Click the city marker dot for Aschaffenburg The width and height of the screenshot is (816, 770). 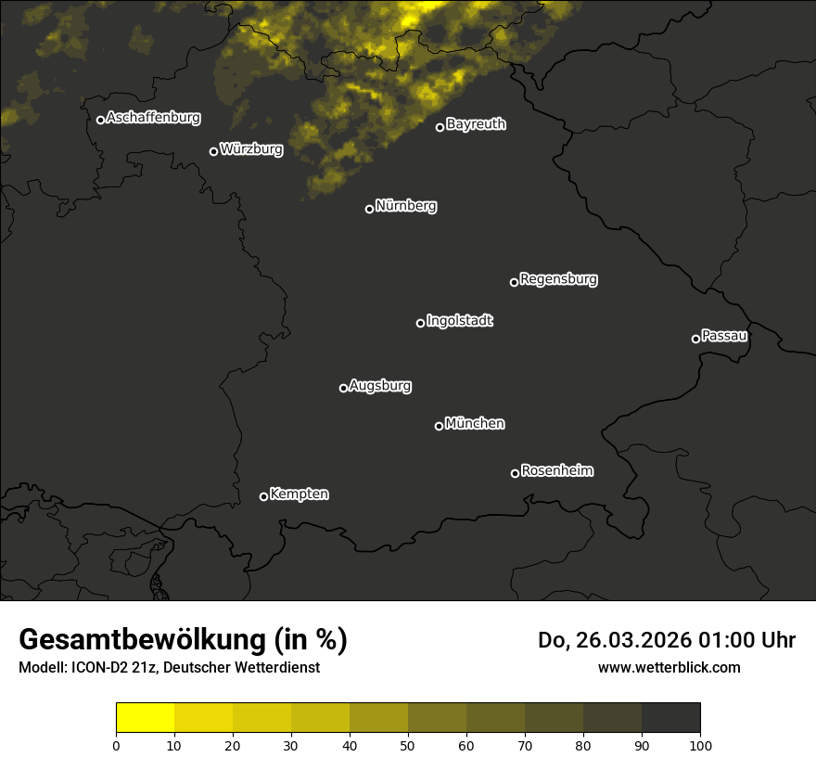click(100, 120)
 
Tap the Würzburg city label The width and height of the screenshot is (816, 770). click(251, 148)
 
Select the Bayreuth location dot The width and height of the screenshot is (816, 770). click(440, 127)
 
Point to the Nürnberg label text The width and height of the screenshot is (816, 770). click(406, 206)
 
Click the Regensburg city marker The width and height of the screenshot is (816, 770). click(514, 282)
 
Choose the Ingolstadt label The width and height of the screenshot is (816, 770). click(460, 321)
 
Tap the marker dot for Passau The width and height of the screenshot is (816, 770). click(695, 339)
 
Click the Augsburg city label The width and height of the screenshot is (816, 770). click(380, 386)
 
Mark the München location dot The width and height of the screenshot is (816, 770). click(439, 426)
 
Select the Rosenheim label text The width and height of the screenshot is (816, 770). click(556, 471)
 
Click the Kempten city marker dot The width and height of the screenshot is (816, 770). click(263, 496)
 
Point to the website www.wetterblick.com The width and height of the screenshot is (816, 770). click(669, 667)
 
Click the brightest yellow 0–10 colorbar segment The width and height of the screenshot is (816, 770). click(145, 718)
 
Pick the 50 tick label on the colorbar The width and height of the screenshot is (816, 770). click(408, 744)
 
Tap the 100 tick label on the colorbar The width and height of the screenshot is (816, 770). click(700, 744)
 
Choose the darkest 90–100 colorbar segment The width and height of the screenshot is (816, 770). click(670, 718)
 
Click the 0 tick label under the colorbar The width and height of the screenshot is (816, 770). click(116, 744)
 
